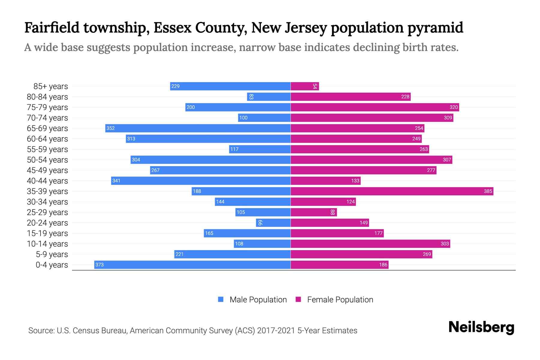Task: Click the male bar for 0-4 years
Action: (192, 265)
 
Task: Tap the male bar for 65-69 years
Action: (198, 128)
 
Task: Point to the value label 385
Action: (488, 191)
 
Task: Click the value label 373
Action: (99, 265)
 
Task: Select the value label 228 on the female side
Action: (405, 97)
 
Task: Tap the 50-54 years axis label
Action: (47, 160)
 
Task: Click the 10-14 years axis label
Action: (47, 244)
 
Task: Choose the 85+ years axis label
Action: (51, 86)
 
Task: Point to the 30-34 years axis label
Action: (47, 202)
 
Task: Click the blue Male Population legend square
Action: (221, 299)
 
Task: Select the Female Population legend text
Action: (340, 299)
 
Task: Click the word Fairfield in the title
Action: (52, 28)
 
